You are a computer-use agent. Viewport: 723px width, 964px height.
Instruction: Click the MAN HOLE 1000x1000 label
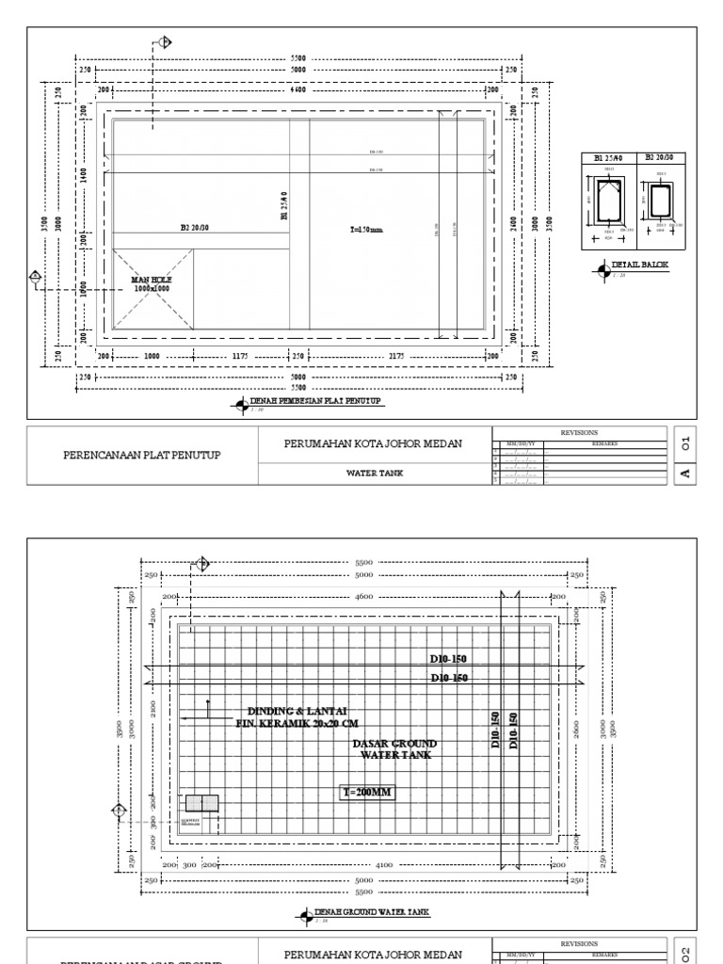(x=152, y=283)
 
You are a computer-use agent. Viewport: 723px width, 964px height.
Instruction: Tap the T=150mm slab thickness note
(x=365, y=229)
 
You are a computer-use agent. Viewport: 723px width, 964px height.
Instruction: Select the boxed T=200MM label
(x=367, y=793)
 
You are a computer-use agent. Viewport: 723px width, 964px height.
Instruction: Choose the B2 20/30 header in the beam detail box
(x=657, y=158)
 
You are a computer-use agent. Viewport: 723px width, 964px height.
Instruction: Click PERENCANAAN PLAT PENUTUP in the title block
(x=141, y=455)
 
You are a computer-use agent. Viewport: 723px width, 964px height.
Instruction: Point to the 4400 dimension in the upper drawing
(x=297, y=89)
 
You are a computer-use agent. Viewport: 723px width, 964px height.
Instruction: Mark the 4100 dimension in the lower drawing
(x=383, y=863)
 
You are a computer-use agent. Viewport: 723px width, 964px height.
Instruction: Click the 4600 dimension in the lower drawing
(x=364, y=597)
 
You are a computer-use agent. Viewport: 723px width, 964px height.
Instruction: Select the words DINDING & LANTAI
(x=289, y=711)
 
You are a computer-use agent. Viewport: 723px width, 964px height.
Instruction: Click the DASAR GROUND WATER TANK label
(x=394, y=749)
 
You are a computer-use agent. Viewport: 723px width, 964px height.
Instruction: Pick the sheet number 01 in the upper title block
(x=686, y=441)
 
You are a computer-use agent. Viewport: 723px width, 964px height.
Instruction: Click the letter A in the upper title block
(x=686, y=473)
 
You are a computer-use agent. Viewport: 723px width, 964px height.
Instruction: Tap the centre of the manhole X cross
(x=153, y=288)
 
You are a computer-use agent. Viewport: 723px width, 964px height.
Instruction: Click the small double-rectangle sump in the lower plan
(x=201, y=803)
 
